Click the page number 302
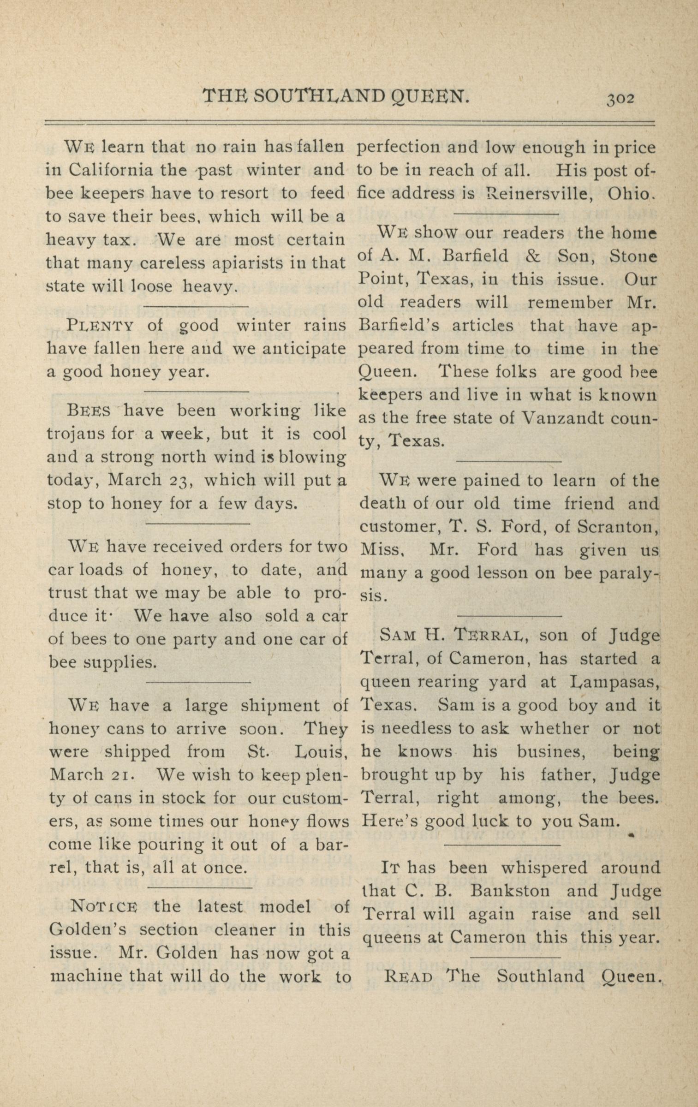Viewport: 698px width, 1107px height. coord(621,99)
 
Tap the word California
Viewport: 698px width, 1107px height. coord(111,170)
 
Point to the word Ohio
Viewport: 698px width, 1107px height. coord(631,194)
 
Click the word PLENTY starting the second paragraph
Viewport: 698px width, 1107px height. coord(100,326)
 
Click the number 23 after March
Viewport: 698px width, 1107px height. coord(178,481)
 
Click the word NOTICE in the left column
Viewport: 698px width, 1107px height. coord(104,906)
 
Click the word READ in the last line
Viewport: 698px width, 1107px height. coord(408,976)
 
